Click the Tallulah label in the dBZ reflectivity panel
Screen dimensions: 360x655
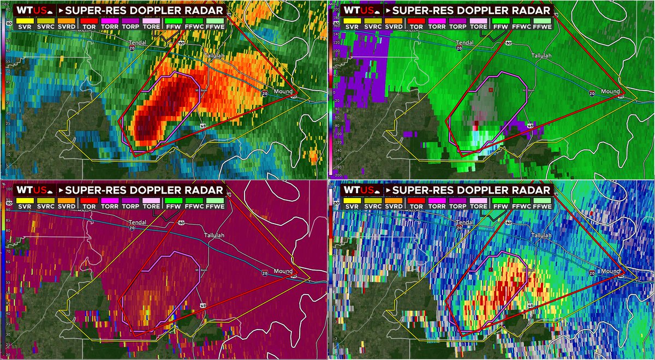(x=215, y=56)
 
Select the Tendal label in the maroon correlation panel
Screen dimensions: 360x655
(x=138, y=223)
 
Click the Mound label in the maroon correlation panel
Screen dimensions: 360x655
(x=283, y=271)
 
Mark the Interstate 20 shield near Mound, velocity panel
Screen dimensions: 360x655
(x=592, y=93)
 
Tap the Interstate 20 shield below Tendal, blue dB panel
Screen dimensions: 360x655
(x=459, y=229)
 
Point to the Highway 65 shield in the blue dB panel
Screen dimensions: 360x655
(x=530, y=306)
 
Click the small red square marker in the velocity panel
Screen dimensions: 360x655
(x=491, y=89)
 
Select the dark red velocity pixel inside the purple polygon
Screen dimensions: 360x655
(x=476, y=123)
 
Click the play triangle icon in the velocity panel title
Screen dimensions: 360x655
(x=388, y=10)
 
